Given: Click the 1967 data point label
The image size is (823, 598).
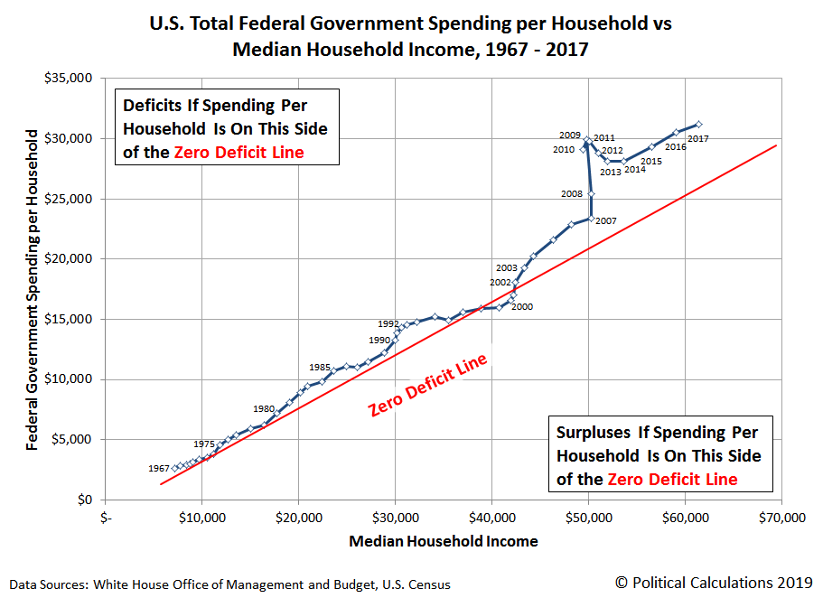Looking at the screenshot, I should point(159,468).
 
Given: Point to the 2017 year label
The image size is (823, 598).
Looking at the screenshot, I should point(699,138).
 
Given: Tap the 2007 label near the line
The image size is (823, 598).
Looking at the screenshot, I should point(605,221).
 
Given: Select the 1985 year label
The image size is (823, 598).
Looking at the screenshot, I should point(319,367).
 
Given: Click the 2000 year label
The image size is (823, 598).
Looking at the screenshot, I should point(522,306).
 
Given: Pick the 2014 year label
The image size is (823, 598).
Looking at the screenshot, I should point(634,169).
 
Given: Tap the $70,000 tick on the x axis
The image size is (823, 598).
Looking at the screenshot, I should point(781,519).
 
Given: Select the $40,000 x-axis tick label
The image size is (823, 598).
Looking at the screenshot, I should point(491,519).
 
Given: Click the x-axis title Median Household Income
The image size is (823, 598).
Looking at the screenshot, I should point(443,542).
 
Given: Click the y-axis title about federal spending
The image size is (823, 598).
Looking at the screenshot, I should point(33,289).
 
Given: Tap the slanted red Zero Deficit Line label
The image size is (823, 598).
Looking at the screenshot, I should point(428,385).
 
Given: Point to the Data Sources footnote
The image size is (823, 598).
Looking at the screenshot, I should point(231,584).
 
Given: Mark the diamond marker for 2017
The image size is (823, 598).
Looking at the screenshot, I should point(698,125).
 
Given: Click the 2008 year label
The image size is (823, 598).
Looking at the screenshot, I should point(572,193).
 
